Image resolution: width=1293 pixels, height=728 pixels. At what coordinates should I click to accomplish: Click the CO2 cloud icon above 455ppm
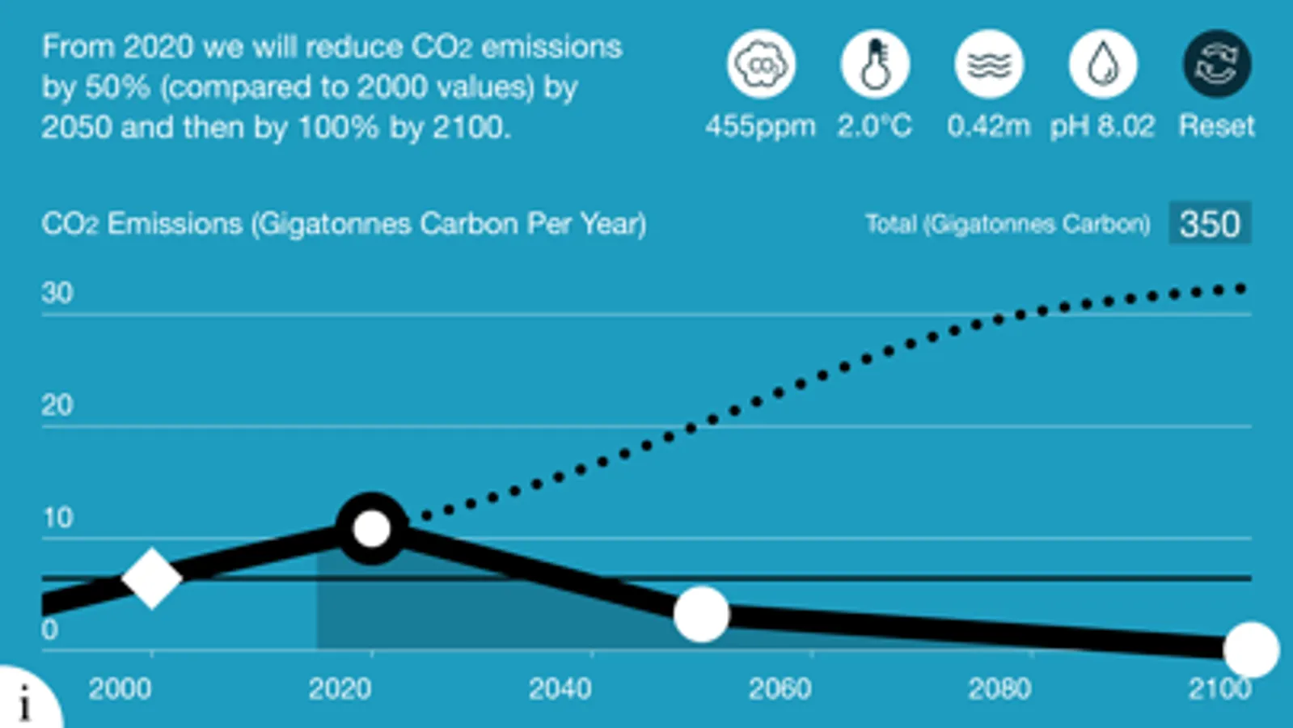click(x=760, y=64)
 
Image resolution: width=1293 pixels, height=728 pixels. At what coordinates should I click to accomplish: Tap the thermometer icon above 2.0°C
click(x=875, y=64)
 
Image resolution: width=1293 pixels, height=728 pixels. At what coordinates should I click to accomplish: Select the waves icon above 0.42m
click(x=989, y=64)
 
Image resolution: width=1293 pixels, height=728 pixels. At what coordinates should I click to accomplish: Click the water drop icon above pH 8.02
click(x=1103, y=64)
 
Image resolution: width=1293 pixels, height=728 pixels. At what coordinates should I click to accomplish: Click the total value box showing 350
click(x=1210, y=223)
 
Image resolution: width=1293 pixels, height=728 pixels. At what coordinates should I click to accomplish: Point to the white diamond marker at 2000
click(x=151, y=578)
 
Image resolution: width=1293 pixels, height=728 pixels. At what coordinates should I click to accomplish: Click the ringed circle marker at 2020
click(x=372, y=529)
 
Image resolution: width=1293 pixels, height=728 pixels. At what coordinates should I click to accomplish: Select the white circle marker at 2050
click(x=701, y=615)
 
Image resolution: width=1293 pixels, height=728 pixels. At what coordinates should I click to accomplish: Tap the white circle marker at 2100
click(x=1251, y=649)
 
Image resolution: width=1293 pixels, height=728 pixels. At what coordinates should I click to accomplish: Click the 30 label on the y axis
click(x=57, y=293)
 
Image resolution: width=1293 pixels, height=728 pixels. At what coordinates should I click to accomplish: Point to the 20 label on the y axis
click(x=57, y=405)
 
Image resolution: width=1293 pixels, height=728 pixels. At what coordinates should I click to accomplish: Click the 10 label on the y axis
click(x=57, y=518)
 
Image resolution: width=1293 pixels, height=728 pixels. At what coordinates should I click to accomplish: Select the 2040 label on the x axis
click(x=560, y=689)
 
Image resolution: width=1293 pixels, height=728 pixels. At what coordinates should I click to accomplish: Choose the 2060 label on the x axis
click(x=780, y=689)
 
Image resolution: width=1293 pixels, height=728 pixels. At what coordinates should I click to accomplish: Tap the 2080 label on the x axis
click(x=999, y=689)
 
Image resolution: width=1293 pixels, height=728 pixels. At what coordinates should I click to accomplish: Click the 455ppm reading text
click(x=760, y=126)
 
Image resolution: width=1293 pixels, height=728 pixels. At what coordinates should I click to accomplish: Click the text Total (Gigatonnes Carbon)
click(x=1008, y=224)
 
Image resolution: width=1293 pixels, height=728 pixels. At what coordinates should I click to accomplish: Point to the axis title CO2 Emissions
click(x=344, y=224)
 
